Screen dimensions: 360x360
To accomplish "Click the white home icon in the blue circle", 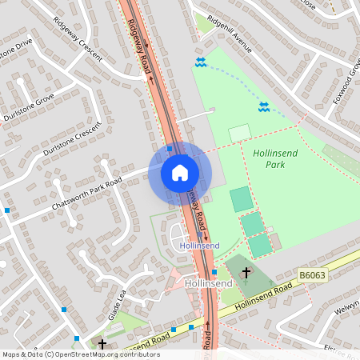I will [x=179, y=173].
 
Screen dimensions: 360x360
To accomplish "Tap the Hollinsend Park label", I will [x=275, y=158].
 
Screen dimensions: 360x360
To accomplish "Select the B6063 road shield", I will [x=312, y=274].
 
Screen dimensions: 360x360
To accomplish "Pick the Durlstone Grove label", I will [x=29, y=107].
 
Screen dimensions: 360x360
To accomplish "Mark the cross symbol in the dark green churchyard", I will [x=246, y=273].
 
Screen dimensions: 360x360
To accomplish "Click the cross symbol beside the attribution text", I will [x=102, y=344].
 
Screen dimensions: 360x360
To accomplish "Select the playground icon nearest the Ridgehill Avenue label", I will [x=201, y=62].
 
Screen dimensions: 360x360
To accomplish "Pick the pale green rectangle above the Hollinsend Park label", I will [x=239, y=134].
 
